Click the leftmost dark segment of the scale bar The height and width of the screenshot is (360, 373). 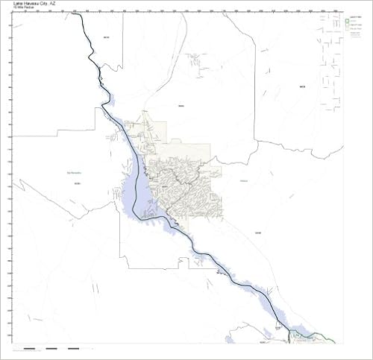29,348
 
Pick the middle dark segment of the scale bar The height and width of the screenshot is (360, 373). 51,348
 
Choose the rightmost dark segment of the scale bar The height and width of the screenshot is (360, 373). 74,348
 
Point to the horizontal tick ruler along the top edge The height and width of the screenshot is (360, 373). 186,11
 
